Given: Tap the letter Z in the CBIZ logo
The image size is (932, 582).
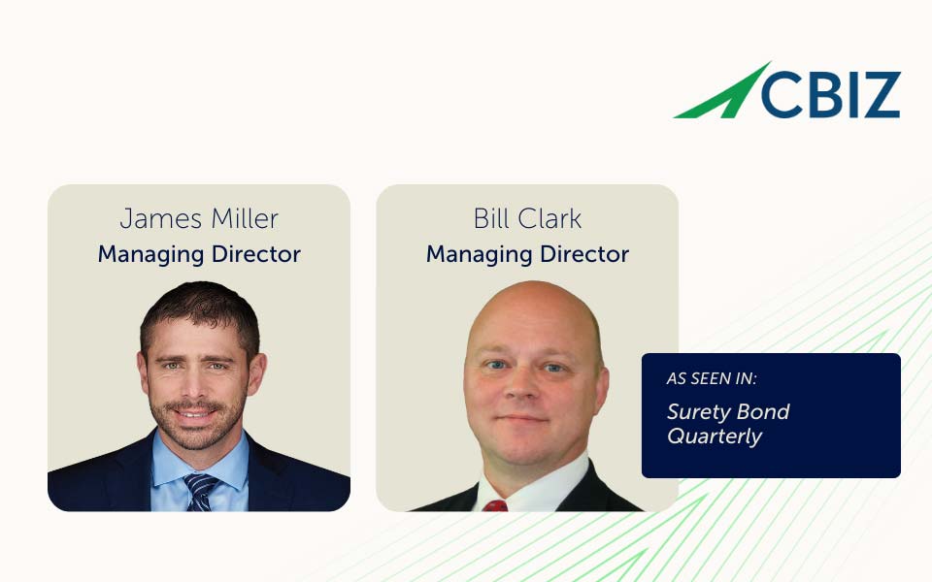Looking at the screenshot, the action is click(x=882, y=94).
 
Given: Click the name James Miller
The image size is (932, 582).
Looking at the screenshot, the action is click(x=199, y=219).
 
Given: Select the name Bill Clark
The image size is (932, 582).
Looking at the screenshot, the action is click(x=527, y=218).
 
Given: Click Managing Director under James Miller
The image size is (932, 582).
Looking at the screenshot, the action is click(x=199, y=254).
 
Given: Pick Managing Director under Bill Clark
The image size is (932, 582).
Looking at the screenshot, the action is click(x=527, y=254).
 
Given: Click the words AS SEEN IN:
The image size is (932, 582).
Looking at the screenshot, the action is click(x=712, y=378).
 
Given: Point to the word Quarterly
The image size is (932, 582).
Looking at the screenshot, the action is click(x=715, y=436).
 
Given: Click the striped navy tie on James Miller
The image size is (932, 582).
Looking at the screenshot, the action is click(x=200, y=493).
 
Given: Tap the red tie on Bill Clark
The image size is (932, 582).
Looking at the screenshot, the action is click(x=495, y=506).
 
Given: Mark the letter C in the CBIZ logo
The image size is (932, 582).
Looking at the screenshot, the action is click(x=783, y=94).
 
